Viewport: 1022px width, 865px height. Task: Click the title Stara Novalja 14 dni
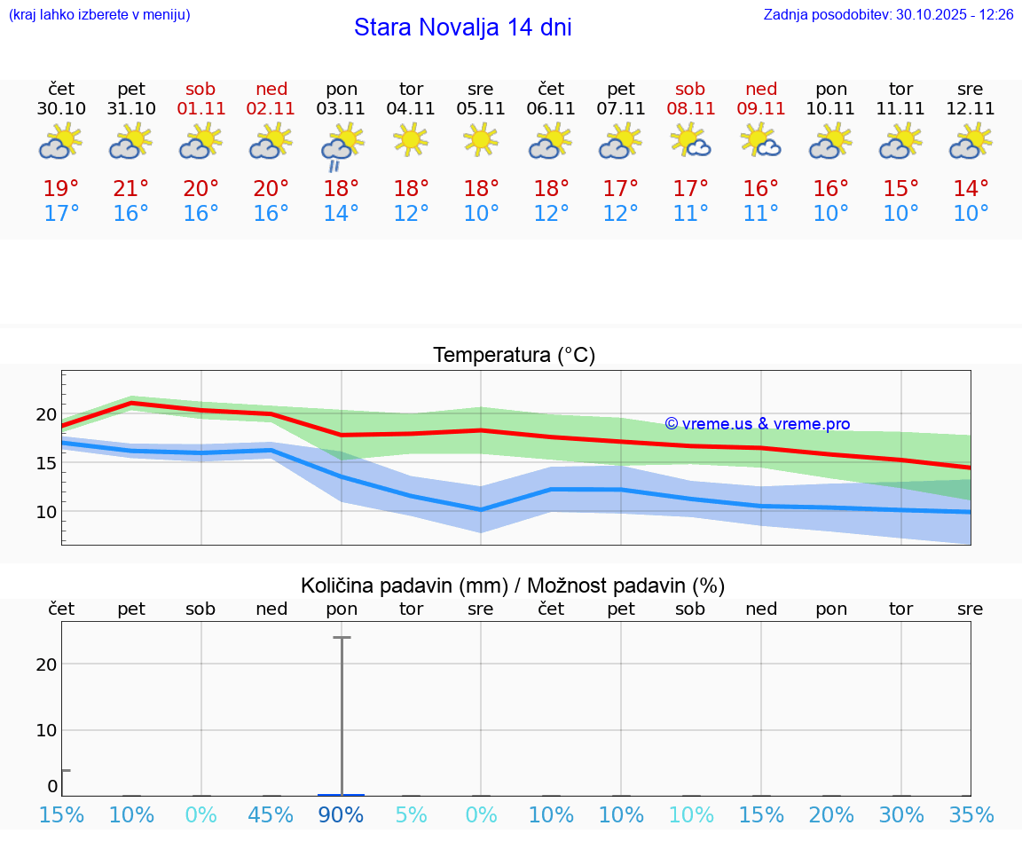[x=462, y=28]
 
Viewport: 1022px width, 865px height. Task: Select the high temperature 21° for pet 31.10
[x=131, y=188]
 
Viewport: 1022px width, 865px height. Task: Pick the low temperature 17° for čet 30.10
[x=61, y=213]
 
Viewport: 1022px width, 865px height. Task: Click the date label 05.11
[x=481, y=108]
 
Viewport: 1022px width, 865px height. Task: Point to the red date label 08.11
[x=690, y=108]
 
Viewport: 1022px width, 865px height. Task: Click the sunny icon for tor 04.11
[x=411, y=140]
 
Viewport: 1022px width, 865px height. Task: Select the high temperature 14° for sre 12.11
[x=971, y=188]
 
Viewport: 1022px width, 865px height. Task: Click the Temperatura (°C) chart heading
[x=514, y=355]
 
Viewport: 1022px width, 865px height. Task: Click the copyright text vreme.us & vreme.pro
[x=758, y=424]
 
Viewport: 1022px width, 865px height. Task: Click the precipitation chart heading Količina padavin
[x=404, y=586]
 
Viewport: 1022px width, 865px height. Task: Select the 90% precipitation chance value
[x=342, y=814]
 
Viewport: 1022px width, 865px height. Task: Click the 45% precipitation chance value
[x=271, y=814]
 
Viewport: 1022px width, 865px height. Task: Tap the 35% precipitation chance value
[x=971, y=814]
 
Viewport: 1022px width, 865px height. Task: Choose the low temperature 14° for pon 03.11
[x=342, y=213]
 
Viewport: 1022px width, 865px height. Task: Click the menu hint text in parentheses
[x=98, y=14]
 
